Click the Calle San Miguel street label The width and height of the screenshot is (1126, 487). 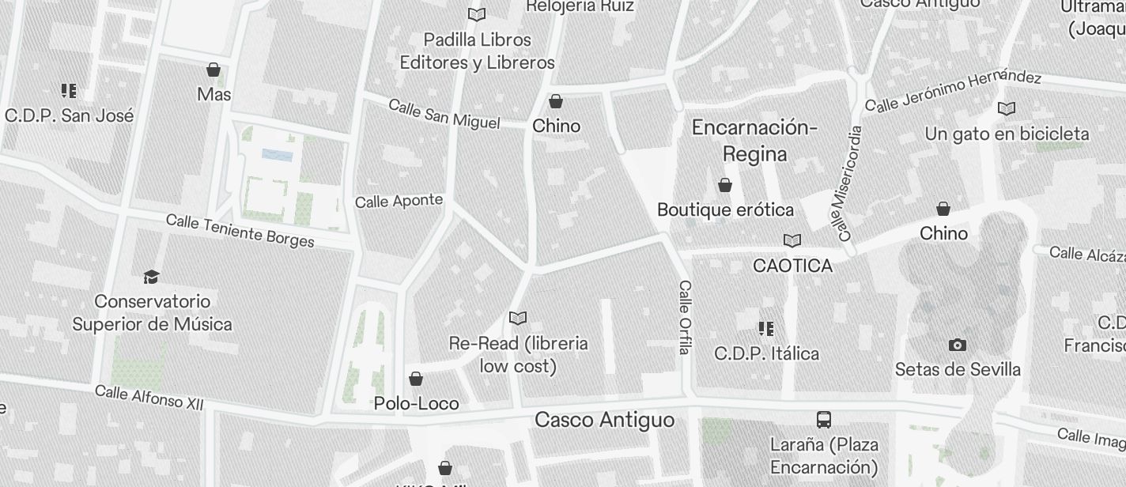[444, 115]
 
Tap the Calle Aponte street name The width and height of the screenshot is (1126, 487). [399, 201]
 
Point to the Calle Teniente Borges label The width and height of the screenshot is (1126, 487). [240, 230]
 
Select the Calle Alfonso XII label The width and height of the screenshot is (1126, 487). [149, 397]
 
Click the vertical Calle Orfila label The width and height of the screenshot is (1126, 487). [685, 316]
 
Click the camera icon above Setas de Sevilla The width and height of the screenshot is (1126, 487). [957, 345]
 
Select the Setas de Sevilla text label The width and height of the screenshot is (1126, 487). [958, 369]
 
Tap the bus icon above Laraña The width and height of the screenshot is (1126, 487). [824, 419]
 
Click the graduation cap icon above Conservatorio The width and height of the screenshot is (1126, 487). [151, 277]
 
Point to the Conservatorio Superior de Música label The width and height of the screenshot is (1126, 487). [153, 313]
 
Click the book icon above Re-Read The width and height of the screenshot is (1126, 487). [518, 318]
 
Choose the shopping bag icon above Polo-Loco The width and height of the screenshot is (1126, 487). [416, 379]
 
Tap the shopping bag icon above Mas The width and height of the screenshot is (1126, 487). [213, 70]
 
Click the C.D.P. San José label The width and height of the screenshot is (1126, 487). [70, 115]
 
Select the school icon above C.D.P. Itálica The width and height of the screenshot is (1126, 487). [765, 328]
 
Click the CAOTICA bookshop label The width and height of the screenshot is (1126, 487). [792, 266]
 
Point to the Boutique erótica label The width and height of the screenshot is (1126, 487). [725, 210]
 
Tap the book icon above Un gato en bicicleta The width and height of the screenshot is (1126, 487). [1007, 108]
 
